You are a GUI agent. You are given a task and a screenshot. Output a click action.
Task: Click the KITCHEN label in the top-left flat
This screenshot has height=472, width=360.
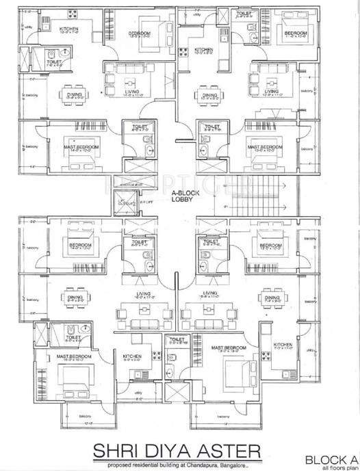click(x=69, y=28)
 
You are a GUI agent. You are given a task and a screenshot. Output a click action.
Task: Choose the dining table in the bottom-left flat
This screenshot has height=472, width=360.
click(x=73, y=298)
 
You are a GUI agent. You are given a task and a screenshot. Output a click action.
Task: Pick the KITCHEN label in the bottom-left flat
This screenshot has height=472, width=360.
click(x=131, y=356)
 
